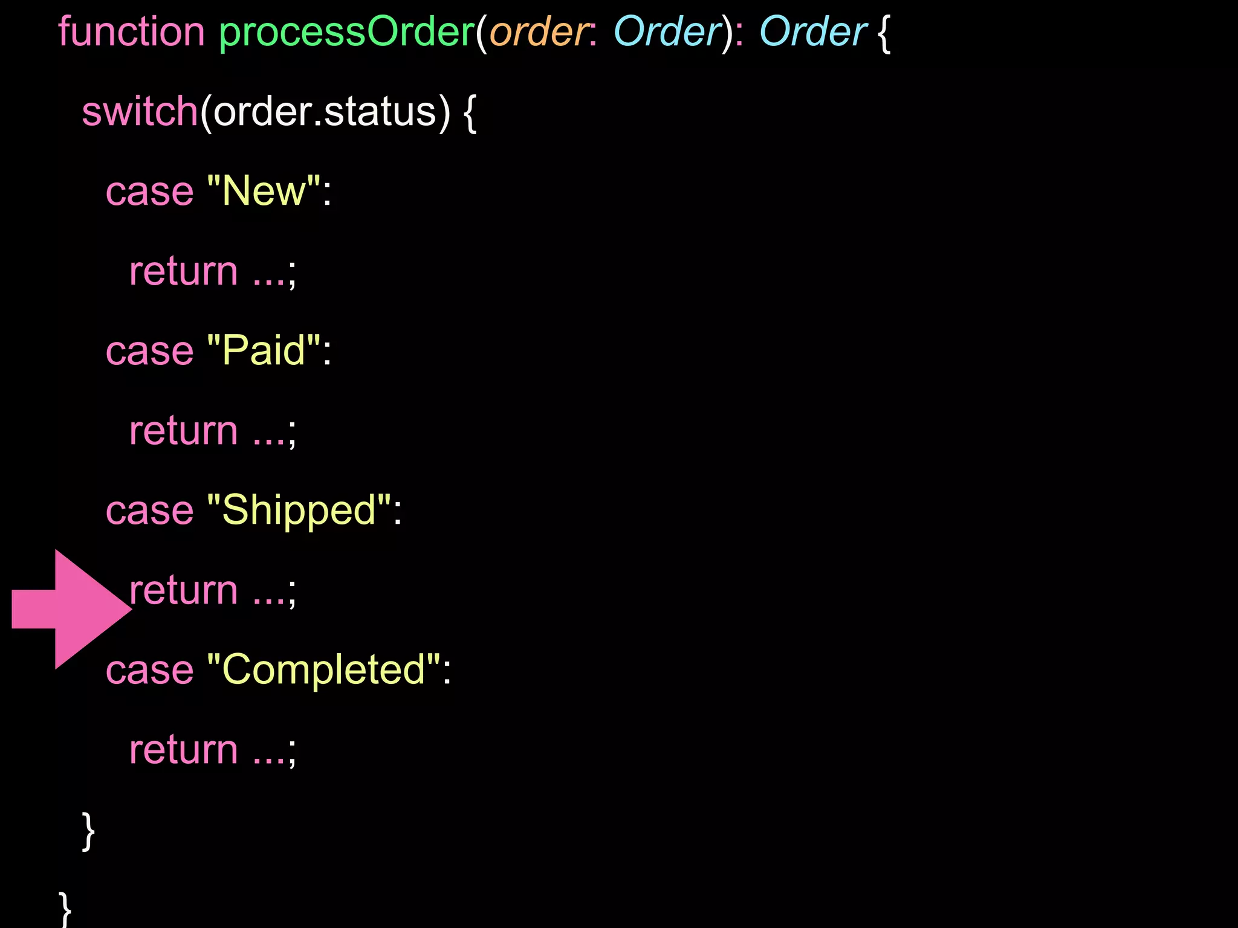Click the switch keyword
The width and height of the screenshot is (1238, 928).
140,112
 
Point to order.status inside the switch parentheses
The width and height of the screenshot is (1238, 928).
325,112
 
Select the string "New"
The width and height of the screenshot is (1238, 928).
264,192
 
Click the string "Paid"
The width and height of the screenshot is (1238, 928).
264,351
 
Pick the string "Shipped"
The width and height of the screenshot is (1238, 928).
299,511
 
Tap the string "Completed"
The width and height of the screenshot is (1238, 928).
324,670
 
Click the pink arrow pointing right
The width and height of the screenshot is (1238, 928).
71,609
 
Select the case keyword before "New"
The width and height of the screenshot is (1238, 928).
149,192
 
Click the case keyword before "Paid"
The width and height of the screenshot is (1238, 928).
149,351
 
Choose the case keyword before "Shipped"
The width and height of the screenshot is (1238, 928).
149,511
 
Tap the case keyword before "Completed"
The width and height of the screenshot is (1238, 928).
149,670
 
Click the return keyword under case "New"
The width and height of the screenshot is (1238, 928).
184,271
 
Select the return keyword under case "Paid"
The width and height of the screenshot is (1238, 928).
184,431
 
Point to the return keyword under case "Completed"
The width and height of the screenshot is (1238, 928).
184,750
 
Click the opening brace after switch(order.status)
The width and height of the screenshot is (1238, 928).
470,113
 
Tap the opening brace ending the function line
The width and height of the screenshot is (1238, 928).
883,33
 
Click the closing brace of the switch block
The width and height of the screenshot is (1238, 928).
88,831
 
